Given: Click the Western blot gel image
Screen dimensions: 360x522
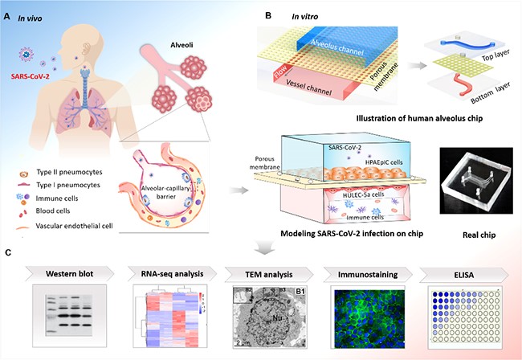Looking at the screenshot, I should coord(66,316).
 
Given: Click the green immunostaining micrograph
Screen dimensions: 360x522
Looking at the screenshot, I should coord(365,317).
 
